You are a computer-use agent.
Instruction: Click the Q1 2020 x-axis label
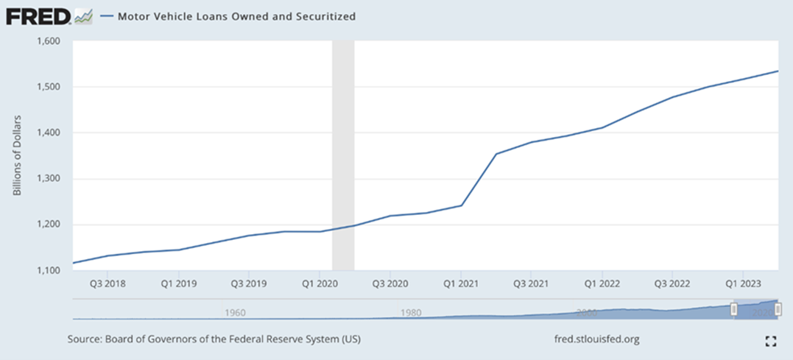[x=320, y=283]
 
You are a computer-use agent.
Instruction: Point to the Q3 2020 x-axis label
[x=390, y=283]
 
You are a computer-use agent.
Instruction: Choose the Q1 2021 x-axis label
[x=460, y=283]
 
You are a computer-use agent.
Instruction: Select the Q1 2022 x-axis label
[x=602, y=283]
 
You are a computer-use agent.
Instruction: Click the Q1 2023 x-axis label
[x=743, y=283]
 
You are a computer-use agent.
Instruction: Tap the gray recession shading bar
[x=343, y=155]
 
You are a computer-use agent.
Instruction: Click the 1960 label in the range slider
[x=234, y=312]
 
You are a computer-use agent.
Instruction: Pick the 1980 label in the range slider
[x=411, y=312]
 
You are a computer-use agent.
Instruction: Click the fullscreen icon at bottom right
[x=771, y=340]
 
